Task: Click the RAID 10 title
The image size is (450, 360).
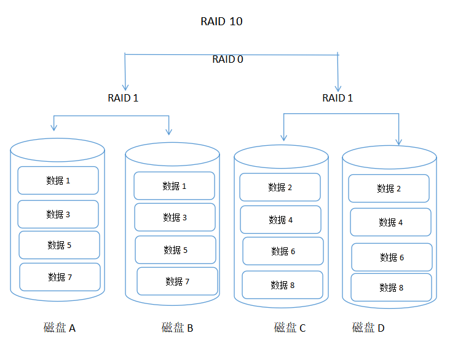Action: (x=221, y=22)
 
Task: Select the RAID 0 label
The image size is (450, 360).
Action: (x=227, y=59)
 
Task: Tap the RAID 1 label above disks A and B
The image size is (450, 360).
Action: (x=123, y=98)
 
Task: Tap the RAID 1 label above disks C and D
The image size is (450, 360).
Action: (x=337, y=98)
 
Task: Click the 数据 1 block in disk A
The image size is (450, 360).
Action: (x=58, y=180)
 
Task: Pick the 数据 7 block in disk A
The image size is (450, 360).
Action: (x=60, y=277)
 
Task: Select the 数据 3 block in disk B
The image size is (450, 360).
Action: (x=175, y=217)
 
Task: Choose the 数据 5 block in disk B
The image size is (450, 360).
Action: (x=175, y=250)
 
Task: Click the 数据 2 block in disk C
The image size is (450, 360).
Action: (x=280, y=187)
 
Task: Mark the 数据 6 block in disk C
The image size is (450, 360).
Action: (x=283, y=251)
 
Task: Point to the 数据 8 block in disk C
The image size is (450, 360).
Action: (x=282, y=285)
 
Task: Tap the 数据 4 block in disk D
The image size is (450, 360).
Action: (x=390, y=222)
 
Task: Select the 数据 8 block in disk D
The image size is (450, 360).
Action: (x=391, y=287)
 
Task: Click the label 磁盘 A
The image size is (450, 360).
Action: (x=60, y=327)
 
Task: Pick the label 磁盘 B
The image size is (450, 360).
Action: (x=177, y=327)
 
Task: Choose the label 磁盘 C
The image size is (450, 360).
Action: (x=290, y=327)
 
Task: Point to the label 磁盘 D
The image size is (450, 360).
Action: (x=368, y=327)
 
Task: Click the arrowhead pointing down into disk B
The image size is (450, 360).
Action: (x=168, y=132)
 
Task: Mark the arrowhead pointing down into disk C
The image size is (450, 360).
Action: (x=283, y=138)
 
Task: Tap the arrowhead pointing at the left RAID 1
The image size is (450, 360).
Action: (x=125, y=87)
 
